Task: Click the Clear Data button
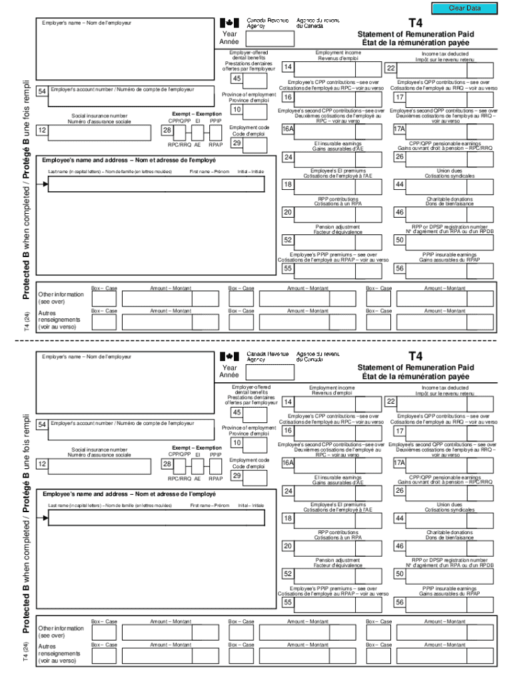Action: pos(465,8)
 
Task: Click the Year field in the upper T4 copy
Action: pos(268,38)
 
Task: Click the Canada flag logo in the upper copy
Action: pos(229,22)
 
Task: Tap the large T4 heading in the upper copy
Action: pos(415,23)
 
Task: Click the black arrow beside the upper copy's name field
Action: pos(45,184)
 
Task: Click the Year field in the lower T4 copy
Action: pos(268,372)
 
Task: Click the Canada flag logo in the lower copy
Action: pos(229,356)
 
